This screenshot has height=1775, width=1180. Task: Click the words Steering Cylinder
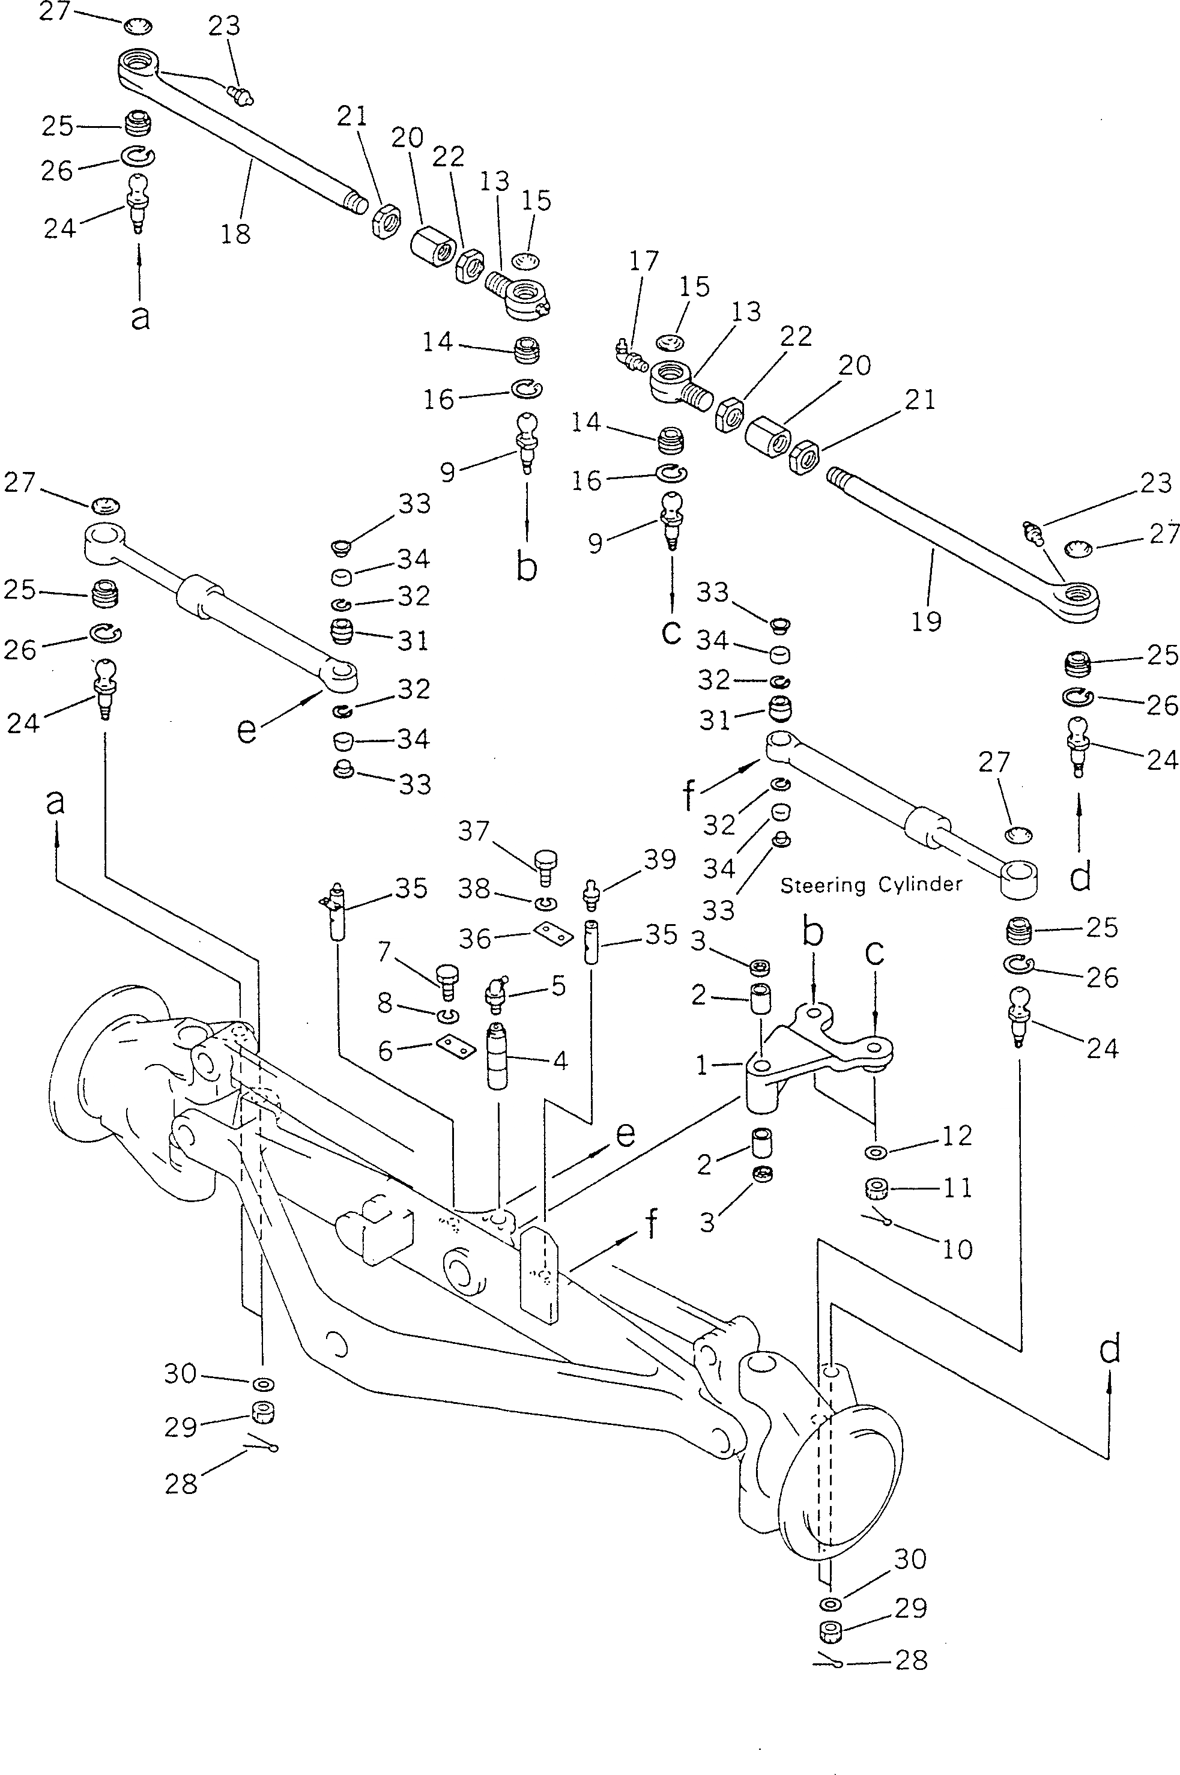(x=871, y=885)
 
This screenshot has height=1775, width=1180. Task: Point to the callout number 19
(x=927, y=621)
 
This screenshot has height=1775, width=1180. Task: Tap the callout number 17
(x=643, y=261)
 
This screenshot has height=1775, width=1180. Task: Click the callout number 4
(x=559, y=1061)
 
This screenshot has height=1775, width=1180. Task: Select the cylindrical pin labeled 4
(x=498, y=1054)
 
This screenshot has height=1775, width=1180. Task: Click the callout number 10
(x=957, y=1249)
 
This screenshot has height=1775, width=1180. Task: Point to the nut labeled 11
(x=875, y=1189)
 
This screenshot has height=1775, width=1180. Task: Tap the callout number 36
(x=475, y=939)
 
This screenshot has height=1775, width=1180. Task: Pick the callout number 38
(x=475, y=890)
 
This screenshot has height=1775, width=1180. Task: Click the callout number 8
(x=386, y=1002)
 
